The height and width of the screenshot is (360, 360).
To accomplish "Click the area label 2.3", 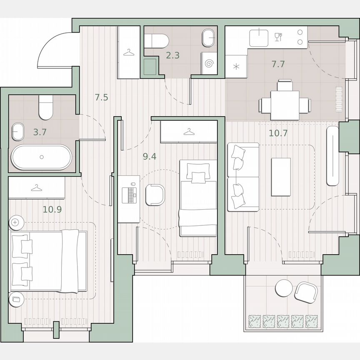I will [172, 55].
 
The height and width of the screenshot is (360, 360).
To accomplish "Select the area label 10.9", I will [52, 209].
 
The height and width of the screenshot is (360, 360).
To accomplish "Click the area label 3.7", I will [40, 132].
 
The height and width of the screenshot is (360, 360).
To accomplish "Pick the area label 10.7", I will [278, 133].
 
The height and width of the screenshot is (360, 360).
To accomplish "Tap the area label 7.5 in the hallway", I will [101, 98].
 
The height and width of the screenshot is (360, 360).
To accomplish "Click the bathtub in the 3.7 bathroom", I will [41, 157].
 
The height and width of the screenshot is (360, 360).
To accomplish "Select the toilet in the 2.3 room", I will [158, 40].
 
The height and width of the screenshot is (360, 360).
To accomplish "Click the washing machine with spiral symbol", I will [210, 63].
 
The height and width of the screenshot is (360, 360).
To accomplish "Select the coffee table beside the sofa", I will [281, 177].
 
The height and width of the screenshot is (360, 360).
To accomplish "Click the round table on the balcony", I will [284, 288].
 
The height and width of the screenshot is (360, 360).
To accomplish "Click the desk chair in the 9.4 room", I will [155, 195].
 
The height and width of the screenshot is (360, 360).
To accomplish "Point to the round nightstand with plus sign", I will [15, 223].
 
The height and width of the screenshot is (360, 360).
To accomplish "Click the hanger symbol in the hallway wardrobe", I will [129, 52].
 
